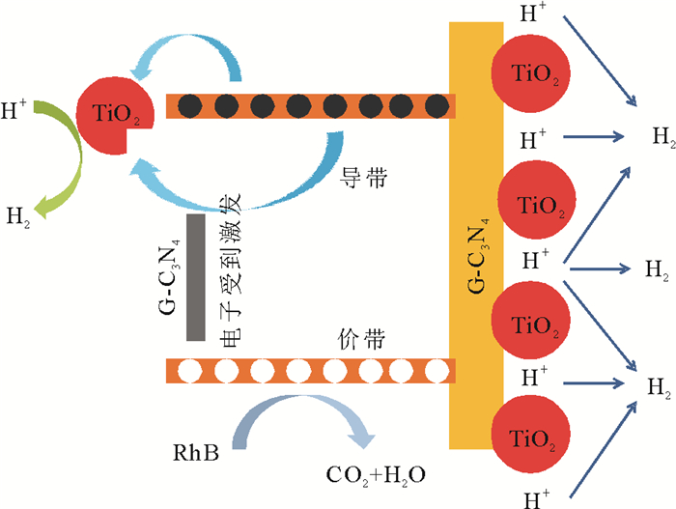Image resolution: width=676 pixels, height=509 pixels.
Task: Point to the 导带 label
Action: (359, 177)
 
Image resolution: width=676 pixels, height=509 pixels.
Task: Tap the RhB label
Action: (194, 450)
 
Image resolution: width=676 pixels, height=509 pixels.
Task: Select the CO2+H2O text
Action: (377, 475)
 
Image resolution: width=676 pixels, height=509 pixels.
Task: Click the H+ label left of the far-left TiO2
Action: (14, 112)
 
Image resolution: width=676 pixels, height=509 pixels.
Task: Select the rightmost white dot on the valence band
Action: (437, 370)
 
